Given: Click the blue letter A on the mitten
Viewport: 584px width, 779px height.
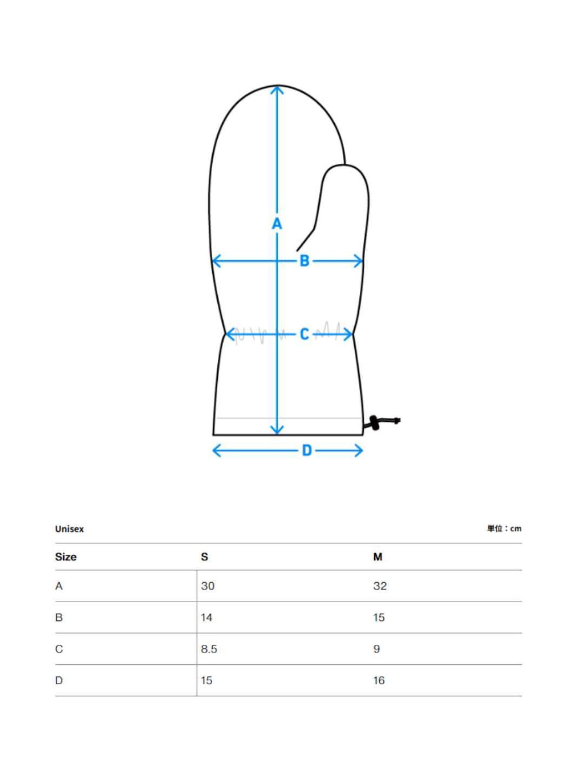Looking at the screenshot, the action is (277, 224).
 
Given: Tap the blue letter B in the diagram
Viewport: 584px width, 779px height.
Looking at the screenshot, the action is (305, 261).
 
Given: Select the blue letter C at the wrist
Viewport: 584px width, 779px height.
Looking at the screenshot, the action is (305, 334).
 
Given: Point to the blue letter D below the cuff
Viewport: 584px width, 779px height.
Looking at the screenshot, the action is (307, 451).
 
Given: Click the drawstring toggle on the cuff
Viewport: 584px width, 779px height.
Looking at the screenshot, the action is (375, 423).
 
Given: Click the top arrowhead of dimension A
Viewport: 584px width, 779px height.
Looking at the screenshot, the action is (277, 90).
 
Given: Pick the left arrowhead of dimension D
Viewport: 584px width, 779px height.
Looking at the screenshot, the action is (217, 451).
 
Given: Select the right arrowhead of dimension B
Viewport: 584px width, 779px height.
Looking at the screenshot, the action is (359, 261).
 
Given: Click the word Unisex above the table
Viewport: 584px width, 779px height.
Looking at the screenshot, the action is (70, 529).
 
